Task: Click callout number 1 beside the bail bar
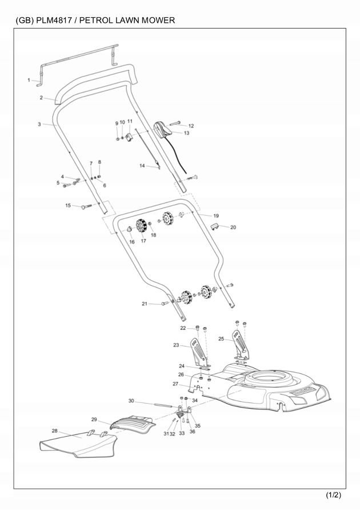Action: (x=29, y=80)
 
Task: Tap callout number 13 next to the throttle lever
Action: (x=186, y=133)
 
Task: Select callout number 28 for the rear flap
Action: (x=55, y=431)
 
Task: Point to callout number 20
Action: (x=233, y=227)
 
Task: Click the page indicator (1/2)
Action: (x=333, y=494)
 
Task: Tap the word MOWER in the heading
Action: (x=155, y=21)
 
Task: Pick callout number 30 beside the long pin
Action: (x=131, y=400)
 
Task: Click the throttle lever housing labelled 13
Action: (x=163, y=129)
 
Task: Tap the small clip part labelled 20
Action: (x=214, y=227)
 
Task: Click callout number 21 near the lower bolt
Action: (x=145, y=304)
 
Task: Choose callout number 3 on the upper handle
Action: (x=39, y=123)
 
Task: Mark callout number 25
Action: (x=221, y=339)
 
